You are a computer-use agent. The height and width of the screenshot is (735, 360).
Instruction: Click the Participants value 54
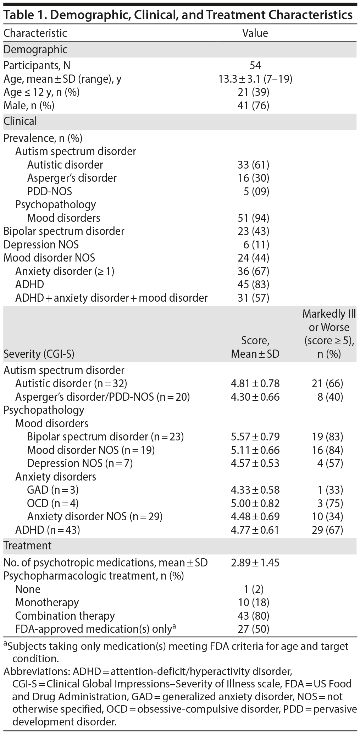coord(255,66)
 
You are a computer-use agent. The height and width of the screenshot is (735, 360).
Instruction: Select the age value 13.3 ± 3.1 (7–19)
coord(255,79)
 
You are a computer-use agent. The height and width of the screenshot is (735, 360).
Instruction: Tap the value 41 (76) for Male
coord(254,105)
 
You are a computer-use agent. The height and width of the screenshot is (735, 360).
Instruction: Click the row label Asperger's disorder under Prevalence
coord(72,178)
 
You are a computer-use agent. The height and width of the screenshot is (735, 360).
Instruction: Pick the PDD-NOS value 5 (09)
coord(256,191)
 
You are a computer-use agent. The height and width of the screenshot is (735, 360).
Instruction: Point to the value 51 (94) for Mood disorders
coord(254,218)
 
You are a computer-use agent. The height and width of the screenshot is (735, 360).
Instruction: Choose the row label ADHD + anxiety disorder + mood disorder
coord(111,298)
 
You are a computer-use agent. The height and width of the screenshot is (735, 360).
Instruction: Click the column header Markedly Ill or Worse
coord(329,334)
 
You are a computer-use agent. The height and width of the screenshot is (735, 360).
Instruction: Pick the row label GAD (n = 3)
coord(53,490)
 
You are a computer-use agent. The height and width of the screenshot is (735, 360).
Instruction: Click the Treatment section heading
coord(27,545)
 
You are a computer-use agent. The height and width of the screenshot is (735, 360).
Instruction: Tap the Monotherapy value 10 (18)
coord(254,602)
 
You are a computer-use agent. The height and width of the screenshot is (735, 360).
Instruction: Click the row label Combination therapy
coord(65,616)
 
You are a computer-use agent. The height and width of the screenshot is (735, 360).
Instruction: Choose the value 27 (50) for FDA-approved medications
coord(254,629)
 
